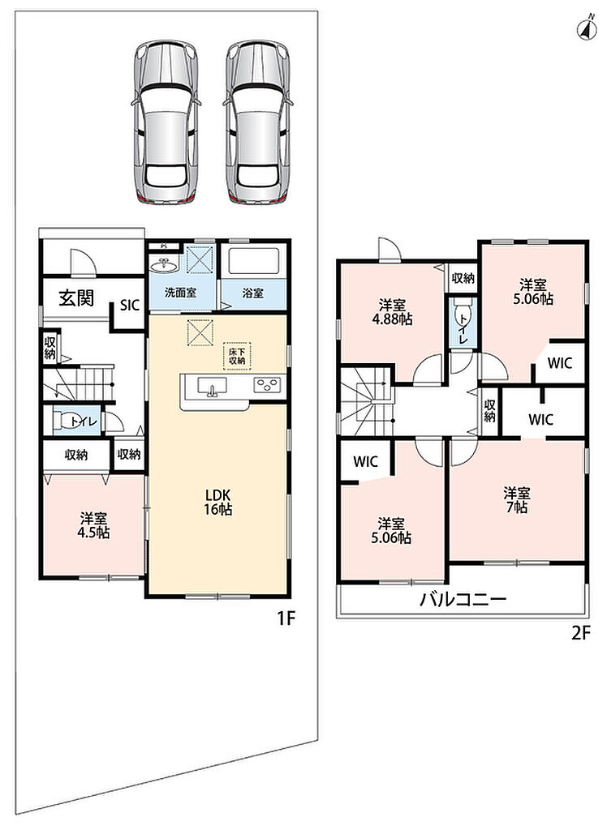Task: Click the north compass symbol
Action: coord(587,28)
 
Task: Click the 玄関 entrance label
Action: coord(75,298)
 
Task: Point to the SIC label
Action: coord(130,305)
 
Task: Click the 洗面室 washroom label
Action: coord(181,293)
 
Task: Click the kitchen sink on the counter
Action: coord(212,387)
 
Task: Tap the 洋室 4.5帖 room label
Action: coord(94,524)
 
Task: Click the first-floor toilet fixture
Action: coord(69,421)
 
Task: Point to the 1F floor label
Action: coord(286,618)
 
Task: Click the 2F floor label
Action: coord(580,633)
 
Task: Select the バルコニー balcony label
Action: coord(463,600)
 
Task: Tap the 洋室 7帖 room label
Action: coord(516,500)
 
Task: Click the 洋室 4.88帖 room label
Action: coord(392,312)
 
